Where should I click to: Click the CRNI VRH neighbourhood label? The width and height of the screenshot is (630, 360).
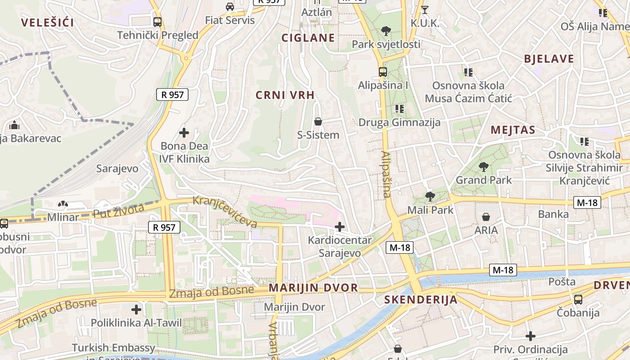click(x=285, y=95)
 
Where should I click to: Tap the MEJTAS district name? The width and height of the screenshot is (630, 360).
click(x=513, y=130)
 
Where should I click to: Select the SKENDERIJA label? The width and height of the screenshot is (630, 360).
click(x=421, y=300)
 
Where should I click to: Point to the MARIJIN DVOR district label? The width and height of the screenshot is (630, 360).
click(x=313, y=288)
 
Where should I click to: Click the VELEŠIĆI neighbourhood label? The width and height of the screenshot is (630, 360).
click(x=47, y=22)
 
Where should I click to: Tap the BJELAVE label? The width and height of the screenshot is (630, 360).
click(x=549, y=59)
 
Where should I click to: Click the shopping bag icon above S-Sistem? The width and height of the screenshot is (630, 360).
click(x=318, y=121)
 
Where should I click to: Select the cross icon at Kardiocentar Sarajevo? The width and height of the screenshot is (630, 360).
click(x=340, y=227)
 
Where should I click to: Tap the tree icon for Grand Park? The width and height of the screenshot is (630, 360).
click(x=484, y=167)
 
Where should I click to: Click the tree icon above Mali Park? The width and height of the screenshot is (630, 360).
click(x=430, y=196)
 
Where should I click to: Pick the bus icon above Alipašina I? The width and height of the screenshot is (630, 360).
click(x=382, y=72)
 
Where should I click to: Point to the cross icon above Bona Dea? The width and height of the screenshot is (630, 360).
click(x=184, y=133)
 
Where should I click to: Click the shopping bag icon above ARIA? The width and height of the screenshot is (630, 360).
click(x=486, y=217)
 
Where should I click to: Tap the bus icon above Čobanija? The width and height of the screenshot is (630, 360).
click(x=578, y=299)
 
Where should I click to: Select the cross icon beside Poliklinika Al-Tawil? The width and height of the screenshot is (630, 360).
click(x=136, y=310)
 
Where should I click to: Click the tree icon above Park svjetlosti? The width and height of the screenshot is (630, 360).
click(x=386, y=31)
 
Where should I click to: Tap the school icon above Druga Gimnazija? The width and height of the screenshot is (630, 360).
click(x=399, y=108)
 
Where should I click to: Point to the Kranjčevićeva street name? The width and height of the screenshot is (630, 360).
click(x=225, y=211)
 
